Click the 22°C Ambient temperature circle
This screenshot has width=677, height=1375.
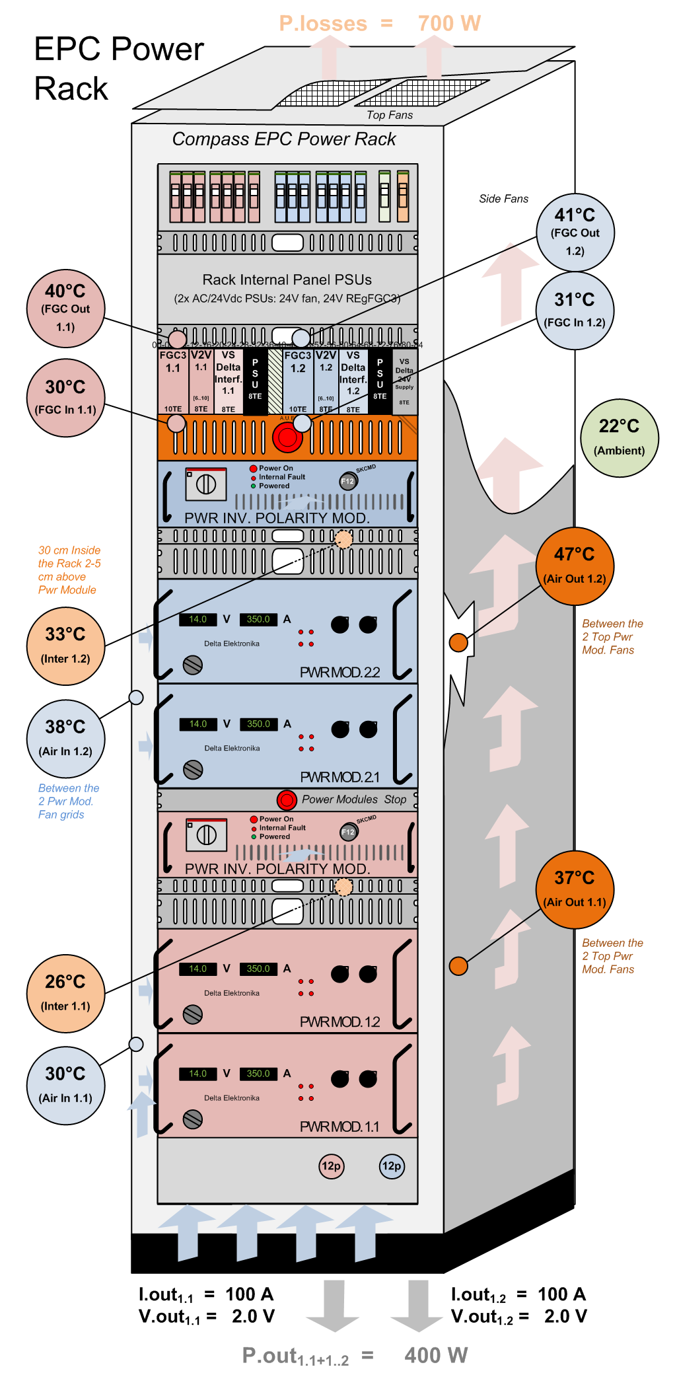[x=619, y=438]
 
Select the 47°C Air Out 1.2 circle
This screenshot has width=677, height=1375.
[x=575, y=566]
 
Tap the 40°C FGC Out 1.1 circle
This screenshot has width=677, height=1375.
[x=65, y=308]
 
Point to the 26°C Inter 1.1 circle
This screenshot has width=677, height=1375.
[x=65, y=993]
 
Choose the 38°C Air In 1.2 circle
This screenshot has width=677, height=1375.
[x=65, y=738]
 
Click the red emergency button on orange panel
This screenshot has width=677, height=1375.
[x=287, y=437]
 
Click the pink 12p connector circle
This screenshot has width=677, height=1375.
[x=331, y=1166]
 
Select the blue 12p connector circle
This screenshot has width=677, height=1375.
[x=392, y=1166]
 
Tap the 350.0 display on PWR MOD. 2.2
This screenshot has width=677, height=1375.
[x=258, y=619]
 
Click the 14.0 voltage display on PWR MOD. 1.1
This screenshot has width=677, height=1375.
[x=198, y=1074]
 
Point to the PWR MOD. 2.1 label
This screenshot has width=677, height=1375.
[x=340, y=777]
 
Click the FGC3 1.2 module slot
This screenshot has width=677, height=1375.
[x=298, y=380]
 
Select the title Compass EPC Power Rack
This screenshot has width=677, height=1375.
[x=284, y=139]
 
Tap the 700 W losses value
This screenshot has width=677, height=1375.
[x=449, y=24]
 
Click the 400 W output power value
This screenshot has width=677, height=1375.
[x=436, y=1355]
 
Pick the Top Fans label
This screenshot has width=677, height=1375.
[x=390, y=115]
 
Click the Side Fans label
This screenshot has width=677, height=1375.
[x=503, y=199]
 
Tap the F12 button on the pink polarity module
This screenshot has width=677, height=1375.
[x=348, y=832]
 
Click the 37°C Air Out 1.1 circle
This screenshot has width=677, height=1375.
[x=575, y=889]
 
